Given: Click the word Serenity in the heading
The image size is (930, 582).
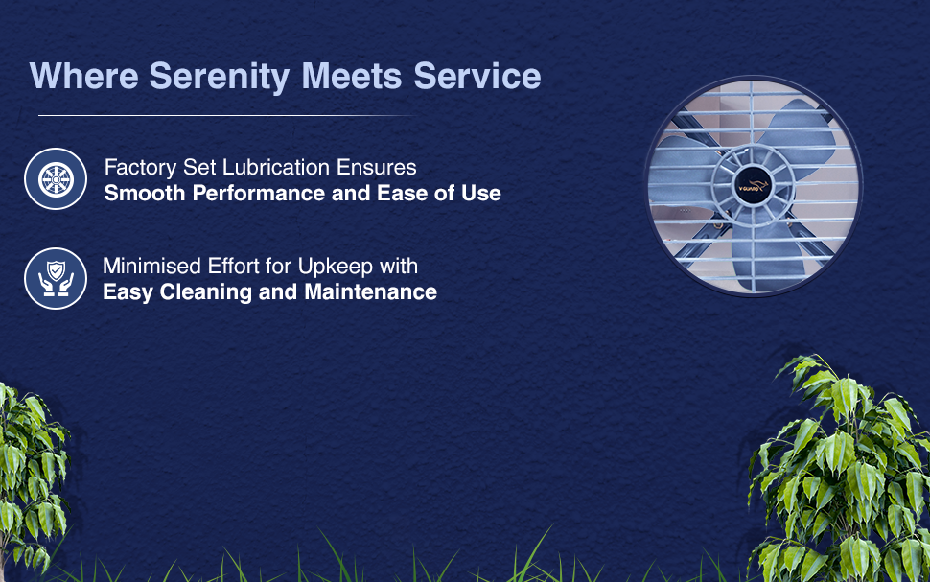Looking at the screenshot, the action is [219, 77].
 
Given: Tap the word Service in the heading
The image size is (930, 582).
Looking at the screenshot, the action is [477, 76].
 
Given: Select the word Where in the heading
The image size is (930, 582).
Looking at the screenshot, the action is [83, 76].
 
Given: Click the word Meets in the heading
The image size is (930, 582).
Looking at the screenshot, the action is [352, 76].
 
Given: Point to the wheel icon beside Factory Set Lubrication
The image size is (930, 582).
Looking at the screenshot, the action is [56, 178].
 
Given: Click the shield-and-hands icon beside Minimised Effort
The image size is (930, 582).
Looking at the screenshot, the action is [56, 278].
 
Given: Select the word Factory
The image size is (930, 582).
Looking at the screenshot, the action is [141, 169].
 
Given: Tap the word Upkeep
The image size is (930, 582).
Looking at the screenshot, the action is [336, 268].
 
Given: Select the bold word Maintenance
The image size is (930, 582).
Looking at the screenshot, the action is [371, 292].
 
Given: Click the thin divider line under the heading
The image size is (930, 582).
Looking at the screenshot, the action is [225, 116].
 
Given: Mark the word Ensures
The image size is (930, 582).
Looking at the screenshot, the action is [376, 167].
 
